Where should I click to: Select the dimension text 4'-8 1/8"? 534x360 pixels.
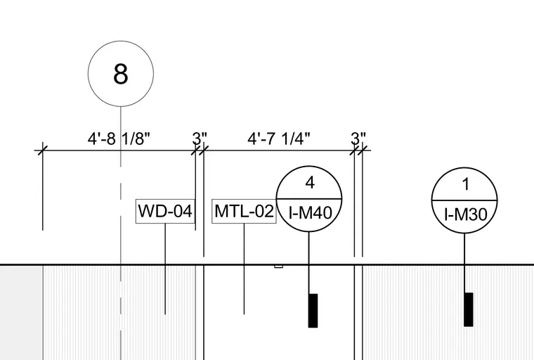click(119, 139)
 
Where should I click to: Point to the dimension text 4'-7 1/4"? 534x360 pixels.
click(279, 139)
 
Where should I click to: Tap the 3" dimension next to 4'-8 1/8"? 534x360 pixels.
click(200, 139)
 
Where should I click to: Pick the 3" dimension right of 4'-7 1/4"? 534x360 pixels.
click(358, 139)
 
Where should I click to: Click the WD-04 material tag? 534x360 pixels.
click(166, 212)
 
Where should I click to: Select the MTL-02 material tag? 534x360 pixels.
click(245, 212)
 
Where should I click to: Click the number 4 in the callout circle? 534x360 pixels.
click(310, 184)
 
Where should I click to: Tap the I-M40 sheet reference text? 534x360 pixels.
click(311, 213)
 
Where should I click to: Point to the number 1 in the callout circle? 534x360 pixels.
click(466, 184)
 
